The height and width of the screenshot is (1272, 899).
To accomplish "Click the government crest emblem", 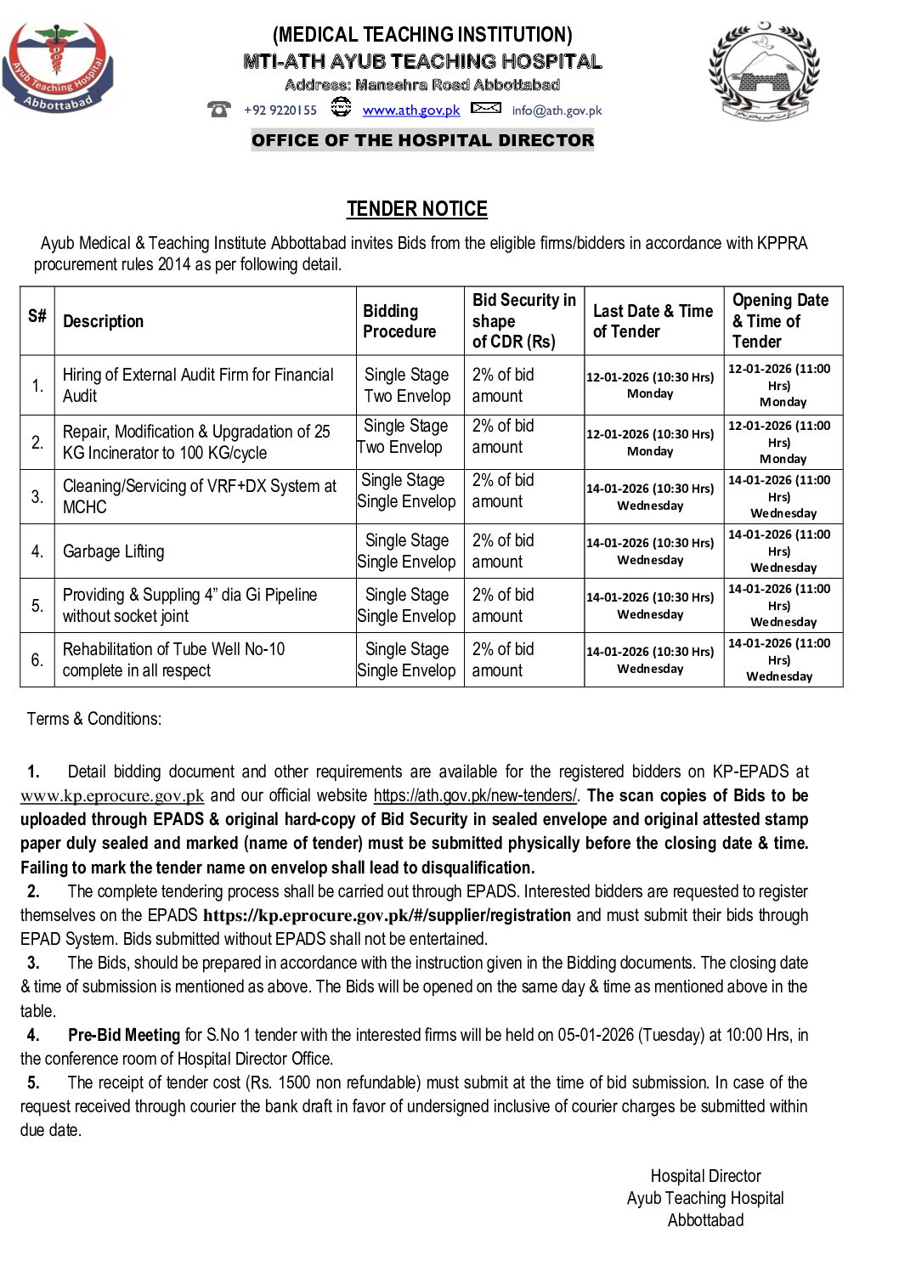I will coord(764,70).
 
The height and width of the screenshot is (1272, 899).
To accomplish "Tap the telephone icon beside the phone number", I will coord(219,109).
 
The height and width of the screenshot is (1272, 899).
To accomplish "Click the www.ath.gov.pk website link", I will coord(410,110).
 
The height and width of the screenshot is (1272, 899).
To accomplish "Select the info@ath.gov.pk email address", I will coord(557,110).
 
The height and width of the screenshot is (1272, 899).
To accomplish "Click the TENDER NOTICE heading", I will coord(416,209).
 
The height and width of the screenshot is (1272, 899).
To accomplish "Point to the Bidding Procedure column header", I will coord(399,321).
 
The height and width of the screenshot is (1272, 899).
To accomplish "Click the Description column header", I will coord(103,321).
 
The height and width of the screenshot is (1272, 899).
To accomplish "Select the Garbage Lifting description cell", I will coord(114,551).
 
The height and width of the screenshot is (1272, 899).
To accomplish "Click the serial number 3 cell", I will coord(37,496).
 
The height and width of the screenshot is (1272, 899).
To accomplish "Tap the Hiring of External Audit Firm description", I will coord(198,385).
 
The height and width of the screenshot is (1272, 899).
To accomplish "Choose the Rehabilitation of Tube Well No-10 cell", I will coord(173,659).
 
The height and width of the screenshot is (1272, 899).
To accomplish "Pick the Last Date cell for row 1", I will coord(650,385).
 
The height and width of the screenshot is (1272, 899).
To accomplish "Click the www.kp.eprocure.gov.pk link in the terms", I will coord(112,796).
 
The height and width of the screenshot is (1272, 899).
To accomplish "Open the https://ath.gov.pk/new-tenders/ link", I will coord(475,796).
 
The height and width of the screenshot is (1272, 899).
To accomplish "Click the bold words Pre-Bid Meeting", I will coord(124,1035).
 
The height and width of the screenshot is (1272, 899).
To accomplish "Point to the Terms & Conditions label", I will coord(93,719).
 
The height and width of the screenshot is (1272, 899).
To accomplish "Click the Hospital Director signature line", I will coord(705,1176).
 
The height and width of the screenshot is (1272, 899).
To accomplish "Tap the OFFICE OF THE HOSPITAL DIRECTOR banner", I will coord(422,140).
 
